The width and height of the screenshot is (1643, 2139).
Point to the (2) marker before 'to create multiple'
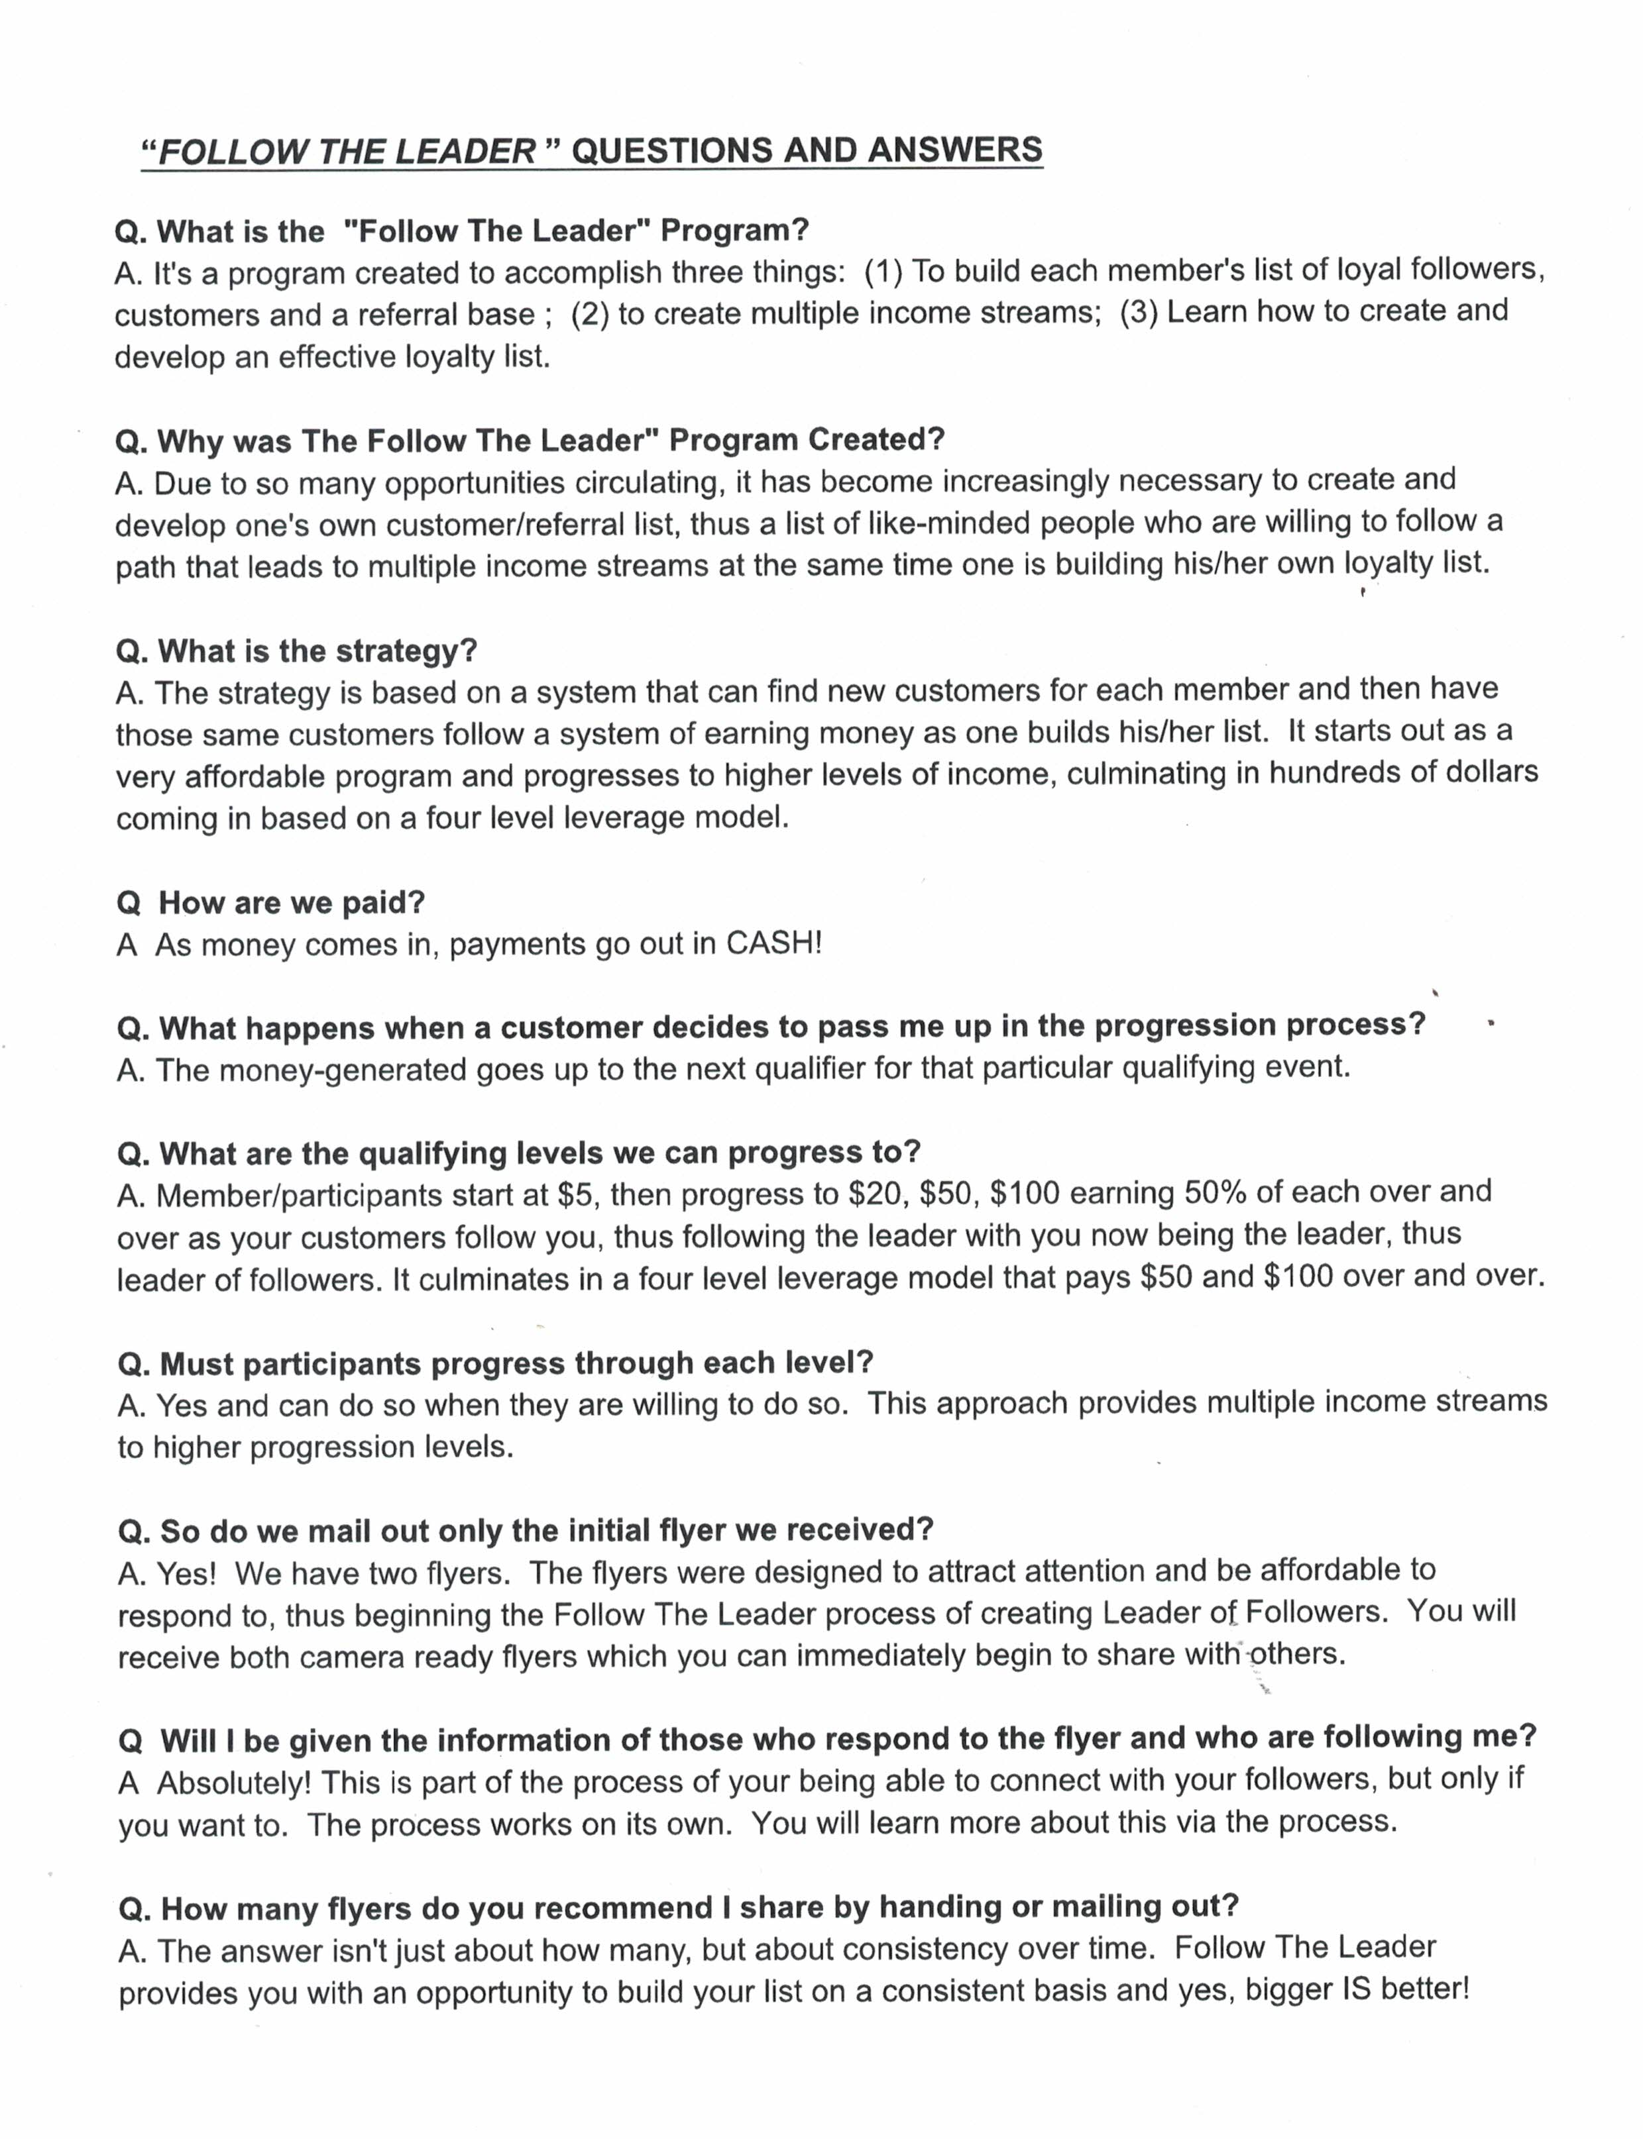590,314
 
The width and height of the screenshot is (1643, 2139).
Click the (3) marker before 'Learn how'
1139,312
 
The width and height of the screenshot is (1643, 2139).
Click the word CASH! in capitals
773,943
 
